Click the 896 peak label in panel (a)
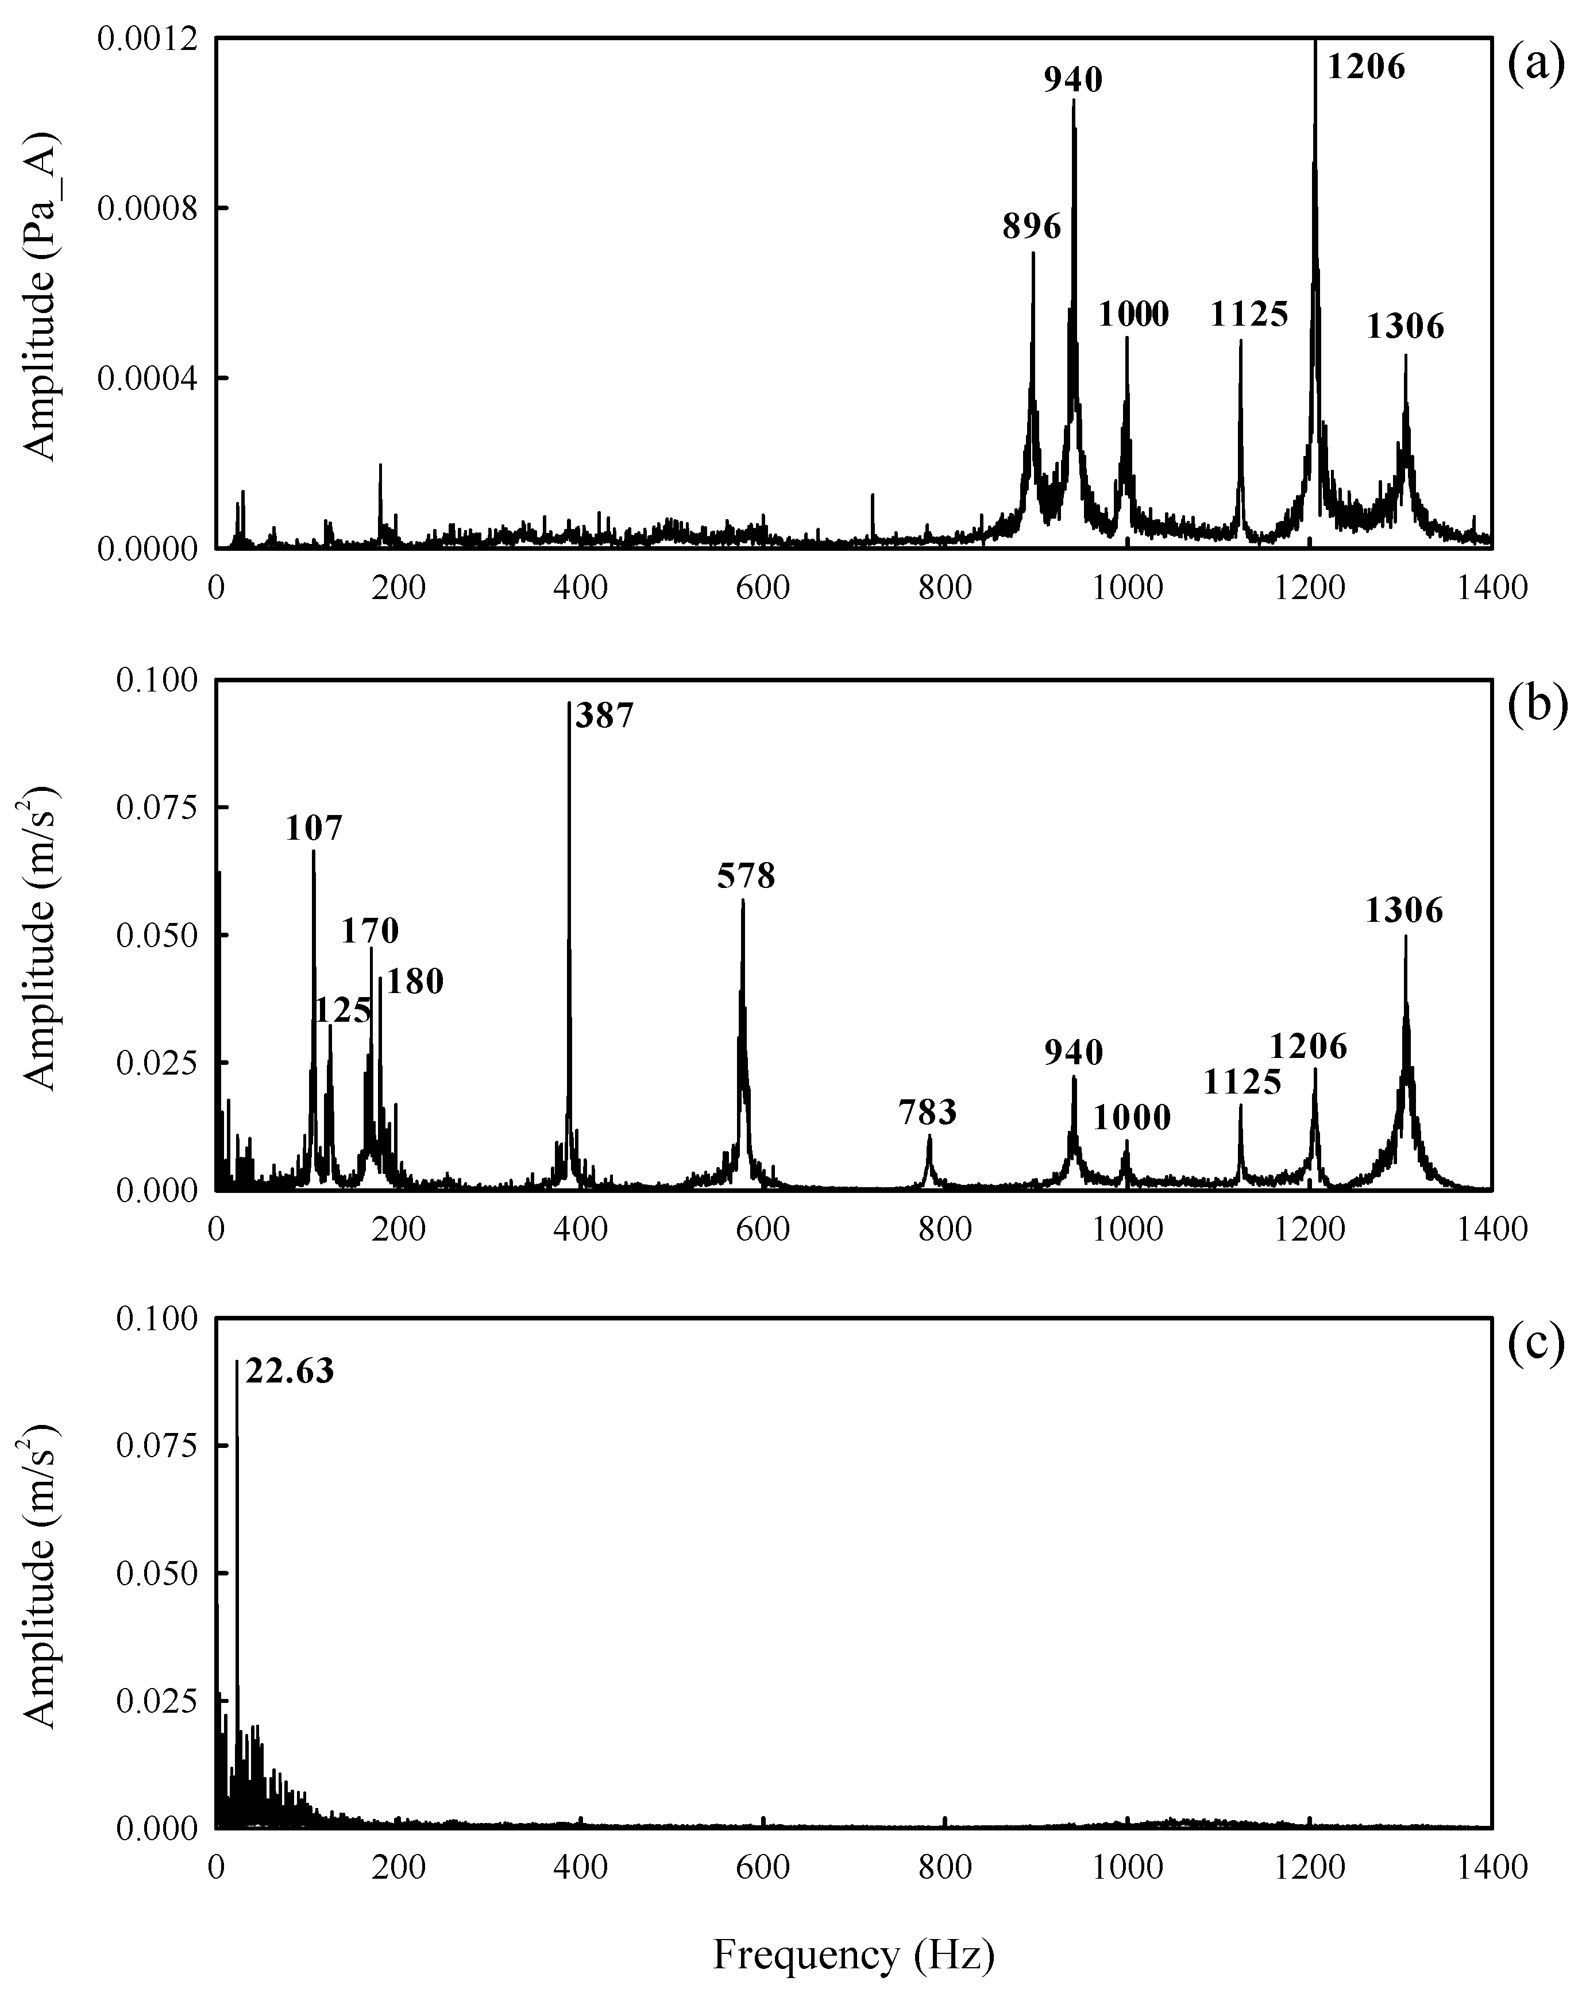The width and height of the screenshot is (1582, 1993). (1032, 226)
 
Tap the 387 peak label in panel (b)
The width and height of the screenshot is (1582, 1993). (605, 716)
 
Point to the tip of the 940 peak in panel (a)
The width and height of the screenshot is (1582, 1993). (1074, 100)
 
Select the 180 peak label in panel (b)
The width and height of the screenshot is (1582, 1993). (414, 982)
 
